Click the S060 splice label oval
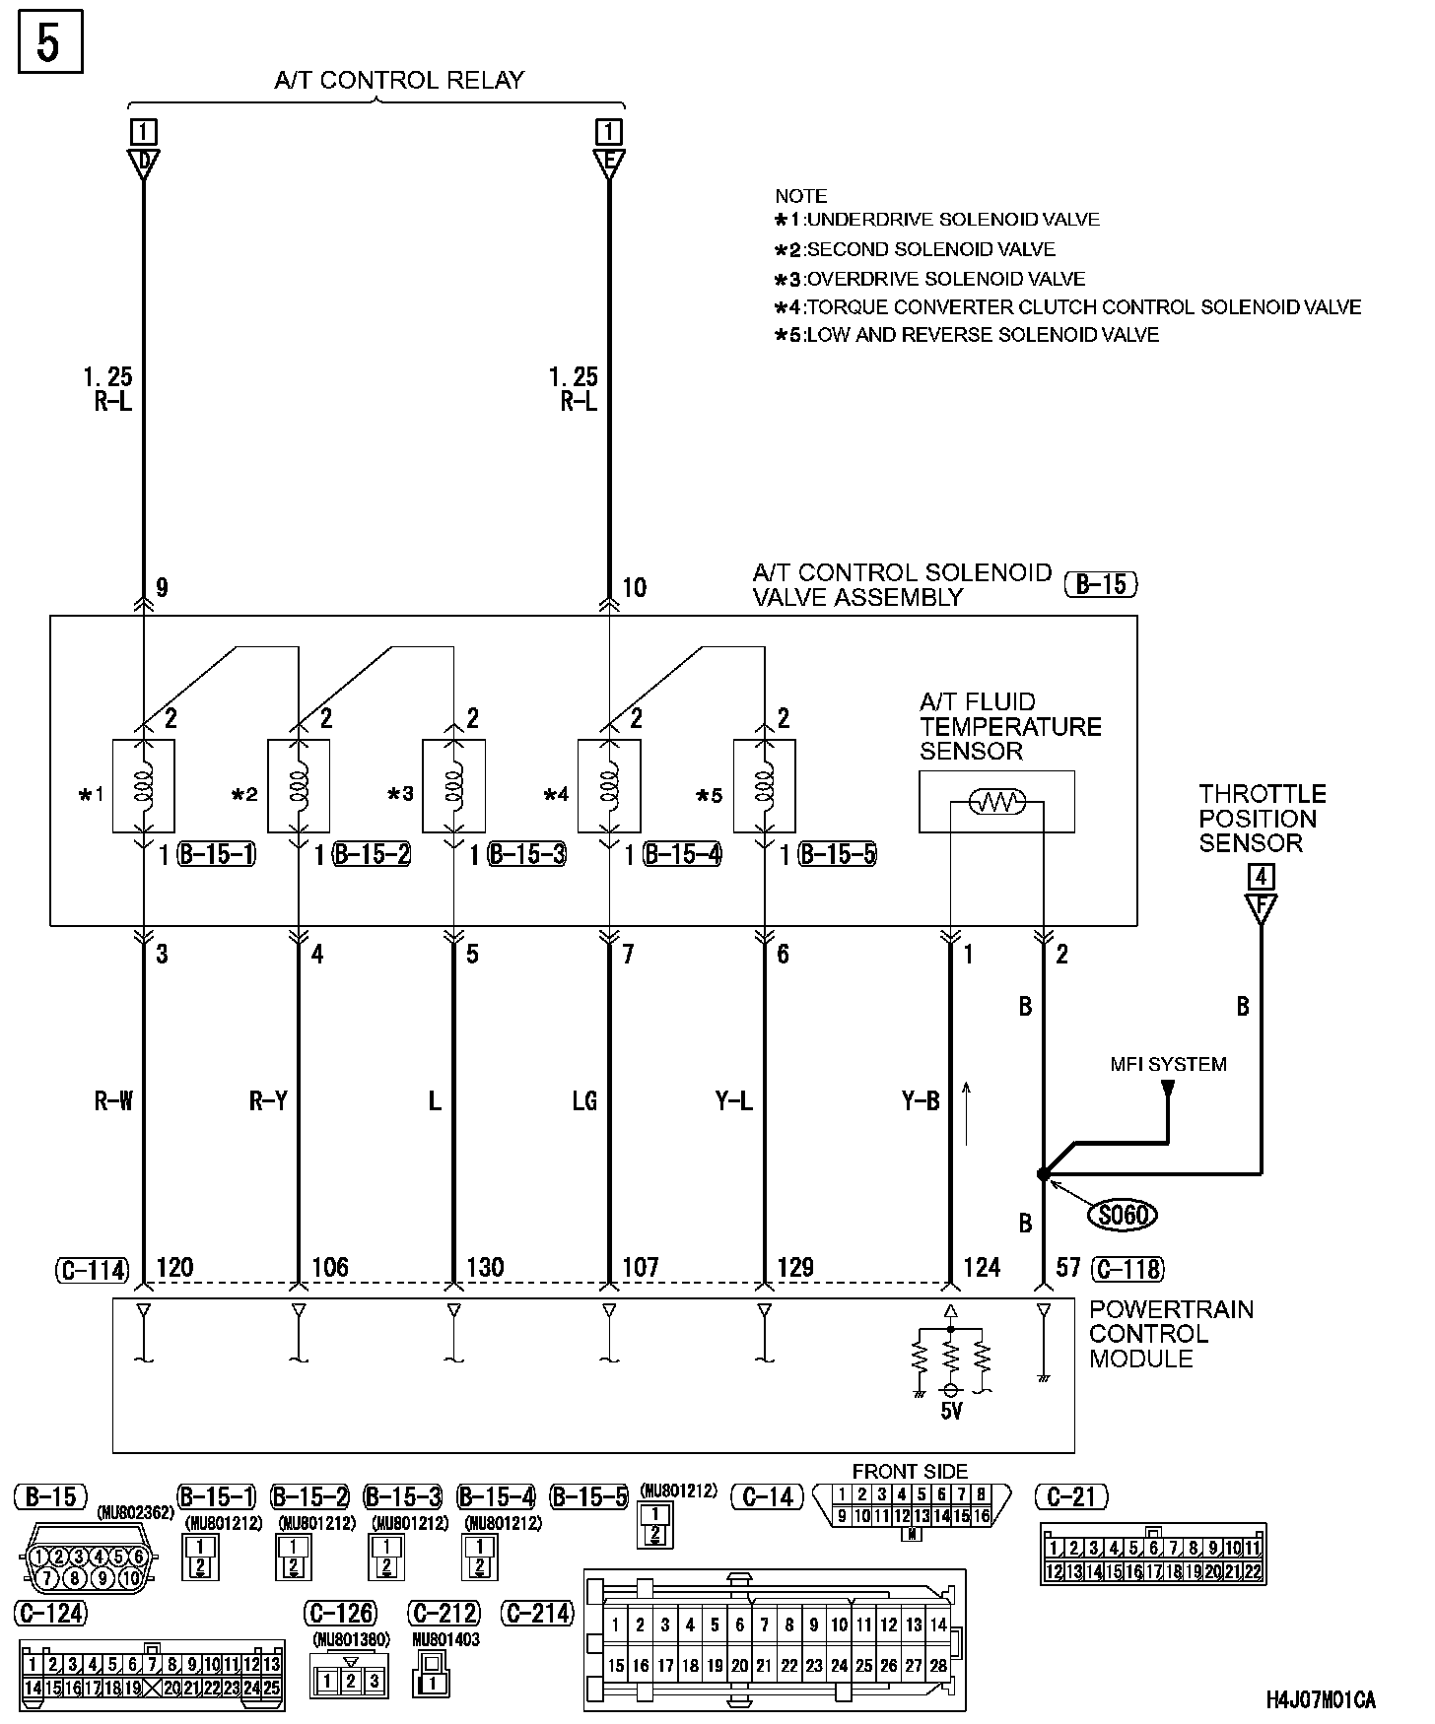coord(1122,1215)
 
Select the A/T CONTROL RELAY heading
coord(399,80)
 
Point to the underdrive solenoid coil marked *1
coord(144,785)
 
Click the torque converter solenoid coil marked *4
coord(609,785)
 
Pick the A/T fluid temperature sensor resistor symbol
coord(996,802)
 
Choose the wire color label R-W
coord(113,1100)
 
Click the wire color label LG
coord(584,1100)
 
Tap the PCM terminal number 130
coord(485,1266)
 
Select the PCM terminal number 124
coord(982,1266)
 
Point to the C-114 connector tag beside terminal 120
coord(92,1270)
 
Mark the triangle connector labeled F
coord(1261,908)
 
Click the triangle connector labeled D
coord(144,164)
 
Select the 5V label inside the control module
coord(951,1411)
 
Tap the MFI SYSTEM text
coord(1168,1064)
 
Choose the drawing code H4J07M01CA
coord(1321,1699)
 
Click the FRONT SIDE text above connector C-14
coord(910,1472)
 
